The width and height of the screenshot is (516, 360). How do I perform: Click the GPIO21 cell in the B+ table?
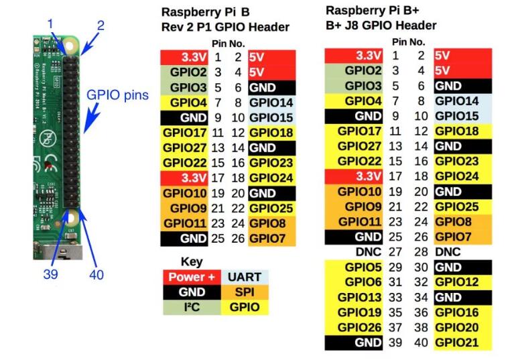pyautogui.click(x=462, y=343)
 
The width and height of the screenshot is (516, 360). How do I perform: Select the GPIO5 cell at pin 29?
pyautogui.click(x=354, y=267)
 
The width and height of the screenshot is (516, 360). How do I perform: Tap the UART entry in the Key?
pyautogui.click(x=245, y=277)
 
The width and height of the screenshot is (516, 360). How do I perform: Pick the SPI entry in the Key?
pyautogui.click(x=245, y=292)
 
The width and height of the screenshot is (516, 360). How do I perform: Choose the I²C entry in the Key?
pyautogui.click(x=192, y=307)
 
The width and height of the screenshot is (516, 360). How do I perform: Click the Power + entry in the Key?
pyautogui.click(x=192, y=277)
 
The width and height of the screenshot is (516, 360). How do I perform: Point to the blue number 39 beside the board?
pyautogui.click(x=50, y=274)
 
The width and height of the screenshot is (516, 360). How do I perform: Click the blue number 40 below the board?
pyautogui.click(x=96, y=274)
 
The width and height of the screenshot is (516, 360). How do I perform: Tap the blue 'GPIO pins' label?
pyautogui.click(x=117, y=95)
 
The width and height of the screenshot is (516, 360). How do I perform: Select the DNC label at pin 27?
pyautogui.click(x=369, y=252)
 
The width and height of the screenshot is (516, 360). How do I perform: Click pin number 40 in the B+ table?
pyautogui.click(x=421, y=343)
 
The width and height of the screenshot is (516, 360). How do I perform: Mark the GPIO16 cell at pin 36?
pyautogui.click(x=462, y=312)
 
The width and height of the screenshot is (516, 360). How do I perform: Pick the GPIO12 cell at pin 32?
pyautogui.click(x=462, y=282)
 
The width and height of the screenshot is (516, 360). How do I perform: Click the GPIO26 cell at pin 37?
pyautogui.click(x=354, y=327)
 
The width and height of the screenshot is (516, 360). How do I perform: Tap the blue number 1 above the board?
pyautogui.click(x=50, y=24)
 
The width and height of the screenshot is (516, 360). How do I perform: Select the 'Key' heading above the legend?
pyautogui.click(x=192, y=262)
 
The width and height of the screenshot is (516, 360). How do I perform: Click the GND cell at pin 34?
pyautogui.click(x=462, y=297)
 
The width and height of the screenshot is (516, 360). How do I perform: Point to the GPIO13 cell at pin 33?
pyautogui.click(x=354, y=297)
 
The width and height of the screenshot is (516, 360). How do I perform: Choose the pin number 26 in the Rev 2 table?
pyautogui.click(x=238, y=239)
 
